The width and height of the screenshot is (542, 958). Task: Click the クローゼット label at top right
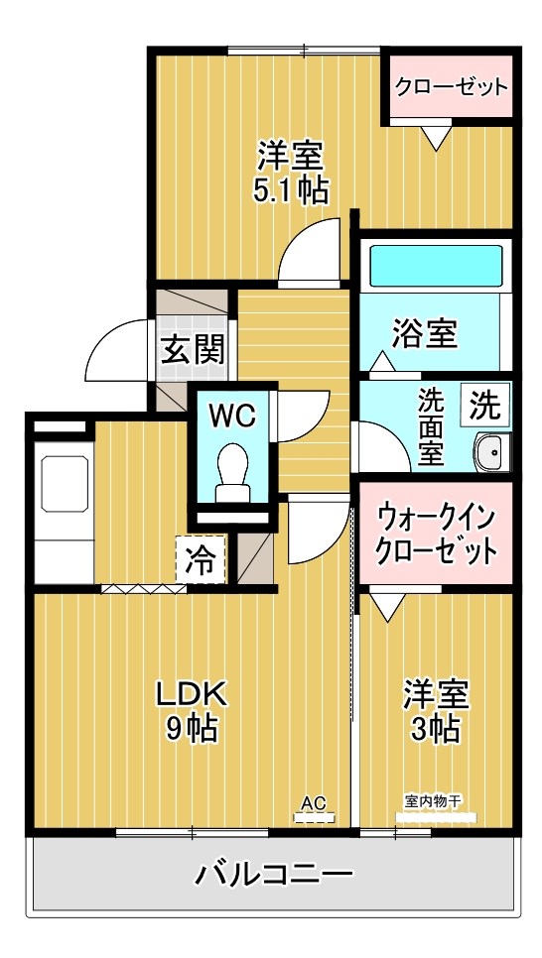451,86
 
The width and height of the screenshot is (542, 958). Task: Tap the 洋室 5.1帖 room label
291,173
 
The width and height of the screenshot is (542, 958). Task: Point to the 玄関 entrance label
193,349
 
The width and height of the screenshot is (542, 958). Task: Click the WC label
232,415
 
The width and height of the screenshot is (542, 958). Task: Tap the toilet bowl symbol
232,469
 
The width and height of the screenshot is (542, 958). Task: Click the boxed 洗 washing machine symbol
485,405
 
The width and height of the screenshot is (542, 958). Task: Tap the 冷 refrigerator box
200,561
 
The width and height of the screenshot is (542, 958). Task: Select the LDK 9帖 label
192,711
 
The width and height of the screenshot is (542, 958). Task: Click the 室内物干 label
435,801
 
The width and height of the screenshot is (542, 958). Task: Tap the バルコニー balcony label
273,875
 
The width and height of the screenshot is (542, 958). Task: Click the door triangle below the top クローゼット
435,138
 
